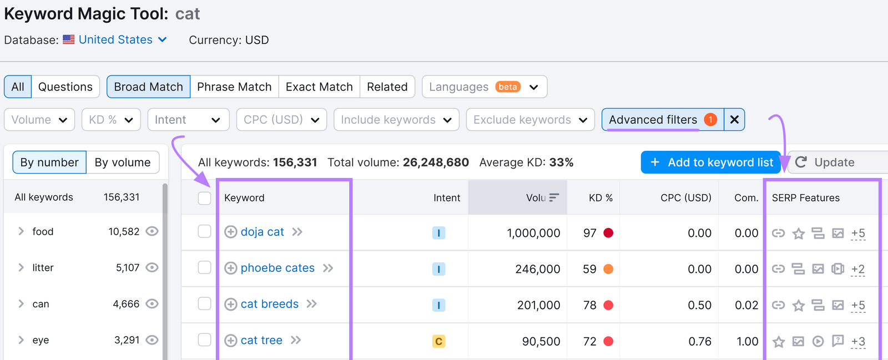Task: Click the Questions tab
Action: (x=65, y=87)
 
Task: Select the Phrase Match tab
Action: (x=234, y=87)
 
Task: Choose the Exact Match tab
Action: (x=319, y=87)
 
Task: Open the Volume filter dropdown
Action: (x=39, y=120)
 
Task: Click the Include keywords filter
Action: (x=396, y=120)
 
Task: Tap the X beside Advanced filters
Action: (x=734, y=120)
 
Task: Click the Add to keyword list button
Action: (x=711, y=163)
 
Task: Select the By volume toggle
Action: (x=122, y=163)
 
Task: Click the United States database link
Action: (x=115, y=40)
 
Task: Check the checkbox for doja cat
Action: (x=204, y=231)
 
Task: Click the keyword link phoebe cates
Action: (x=277, y=268)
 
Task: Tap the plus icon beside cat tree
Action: (x=230, y=341)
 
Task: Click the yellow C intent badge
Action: (x=438, y=341)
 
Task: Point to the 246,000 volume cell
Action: (x=537, y=269)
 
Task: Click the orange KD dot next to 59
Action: (x=608, y=269)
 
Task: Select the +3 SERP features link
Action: (x=858, y=342)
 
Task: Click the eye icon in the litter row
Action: (x=152, y=267)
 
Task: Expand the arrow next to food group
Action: (x=21, y=231)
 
